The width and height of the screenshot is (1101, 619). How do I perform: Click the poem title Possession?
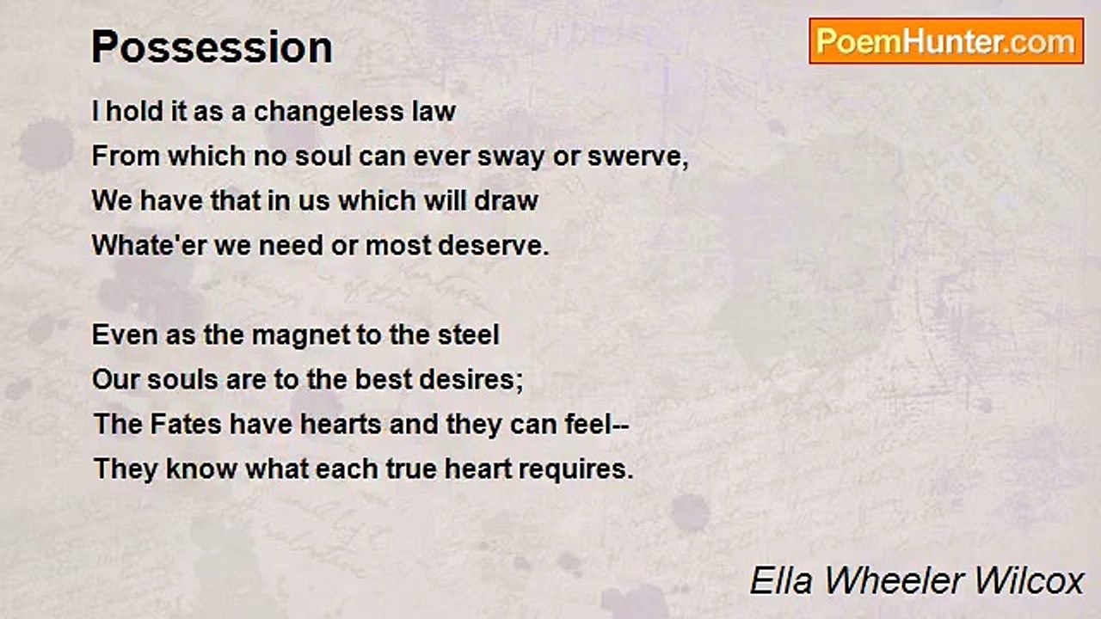coord(212,48)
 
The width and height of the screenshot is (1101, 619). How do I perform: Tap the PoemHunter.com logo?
coord(946,41)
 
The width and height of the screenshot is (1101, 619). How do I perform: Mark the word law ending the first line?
coord(434,112)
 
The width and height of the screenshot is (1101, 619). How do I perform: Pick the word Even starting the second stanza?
coord(120,334)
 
